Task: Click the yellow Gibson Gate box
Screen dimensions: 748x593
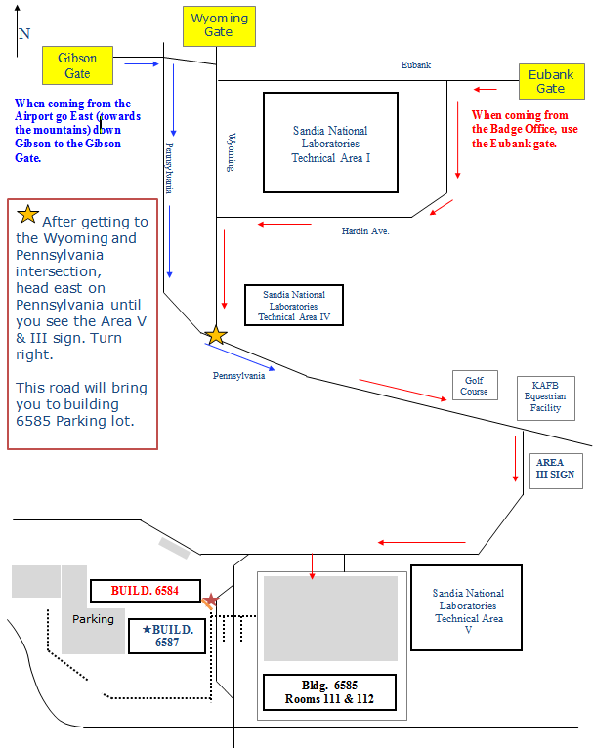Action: tap(77, 65)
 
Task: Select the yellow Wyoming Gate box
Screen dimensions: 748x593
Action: tap(219, 25)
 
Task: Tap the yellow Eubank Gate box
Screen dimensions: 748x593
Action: tap(550, 81)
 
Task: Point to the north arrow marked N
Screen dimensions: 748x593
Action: tap(22, 37)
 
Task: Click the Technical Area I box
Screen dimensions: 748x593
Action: tap(331, 144)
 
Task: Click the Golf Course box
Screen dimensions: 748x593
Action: tap(475, 385)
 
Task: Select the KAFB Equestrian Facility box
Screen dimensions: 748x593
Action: tap(545, 395)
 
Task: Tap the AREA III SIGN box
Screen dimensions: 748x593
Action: tap(555, 469)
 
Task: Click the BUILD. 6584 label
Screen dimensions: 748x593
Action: tap(145, 591)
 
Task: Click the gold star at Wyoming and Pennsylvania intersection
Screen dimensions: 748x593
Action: tap(216, 335)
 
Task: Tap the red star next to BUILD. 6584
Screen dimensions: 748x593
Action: tap(210, 600)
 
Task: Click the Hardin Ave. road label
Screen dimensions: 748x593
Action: tap(365, 231)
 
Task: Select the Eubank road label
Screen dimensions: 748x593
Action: tap(416, 65)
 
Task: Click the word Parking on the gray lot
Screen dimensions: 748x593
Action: tap(93, 619)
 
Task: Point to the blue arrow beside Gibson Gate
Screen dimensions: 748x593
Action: tap(142, 64)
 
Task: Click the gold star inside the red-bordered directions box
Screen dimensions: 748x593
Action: tap(28, 215)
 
